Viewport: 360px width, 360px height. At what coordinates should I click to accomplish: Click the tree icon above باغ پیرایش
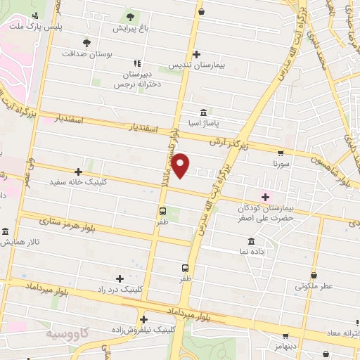(129, 16)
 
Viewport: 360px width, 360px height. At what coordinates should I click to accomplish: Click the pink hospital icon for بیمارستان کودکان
(265, 176)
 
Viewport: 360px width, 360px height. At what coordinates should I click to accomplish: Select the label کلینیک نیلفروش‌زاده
(141, 328)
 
